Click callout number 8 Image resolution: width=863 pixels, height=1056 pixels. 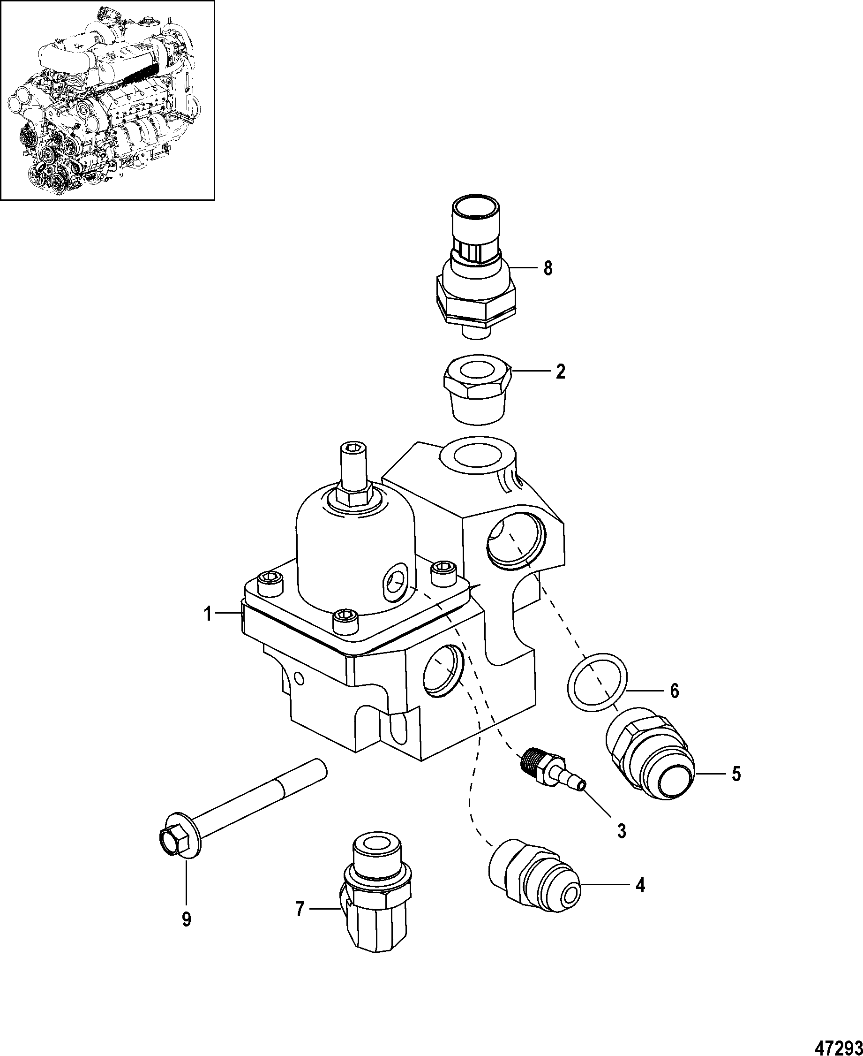point(548,269)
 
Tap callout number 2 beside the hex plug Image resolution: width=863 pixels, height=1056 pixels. point(560,372)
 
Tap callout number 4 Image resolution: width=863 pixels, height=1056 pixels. point(640,885)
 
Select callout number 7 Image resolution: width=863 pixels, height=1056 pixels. point(300,909)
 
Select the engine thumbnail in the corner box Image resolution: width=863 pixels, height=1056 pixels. point(107,100)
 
